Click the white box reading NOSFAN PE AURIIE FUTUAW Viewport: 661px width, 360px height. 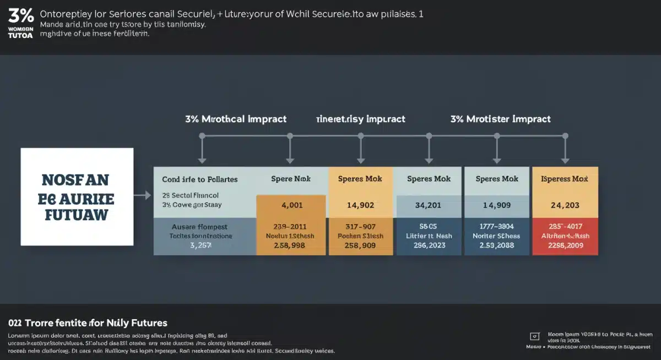click(x=77, y=197)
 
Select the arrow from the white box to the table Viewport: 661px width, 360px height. click(x=143, y=195)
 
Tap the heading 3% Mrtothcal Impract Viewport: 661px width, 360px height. click(x=236, y=119)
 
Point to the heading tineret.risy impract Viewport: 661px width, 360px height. click(x=360, y=119)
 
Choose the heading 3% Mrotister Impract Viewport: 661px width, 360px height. click(x=500, y=119)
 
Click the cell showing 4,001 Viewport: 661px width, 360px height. click(x=292, y=205)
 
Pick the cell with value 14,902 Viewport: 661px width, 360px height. click(x=360, y=205)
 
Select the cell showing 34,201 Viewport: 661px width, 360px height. click(x=429, y=205)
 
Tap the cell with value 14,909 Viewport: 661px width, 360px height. click(x=497, y=205)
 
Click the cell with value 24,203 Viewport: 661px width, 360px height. click(x=565, y=205)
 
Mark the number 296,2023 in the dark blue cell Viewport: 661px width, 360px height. click(x=429, y=245)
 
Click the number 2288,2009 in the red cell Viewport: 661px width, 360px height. click(x=565, y=245)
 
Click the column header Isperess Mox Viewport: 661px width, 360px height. click(x=565, y=179)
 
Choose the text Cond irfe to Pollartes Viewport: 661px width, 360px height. click(x=200, y=179)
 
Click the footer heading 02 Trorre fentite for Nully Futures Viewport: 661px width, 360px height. click(x=88, y=323)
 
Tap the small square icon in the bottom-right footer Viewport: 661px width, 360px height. click(x=534, y=336)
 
